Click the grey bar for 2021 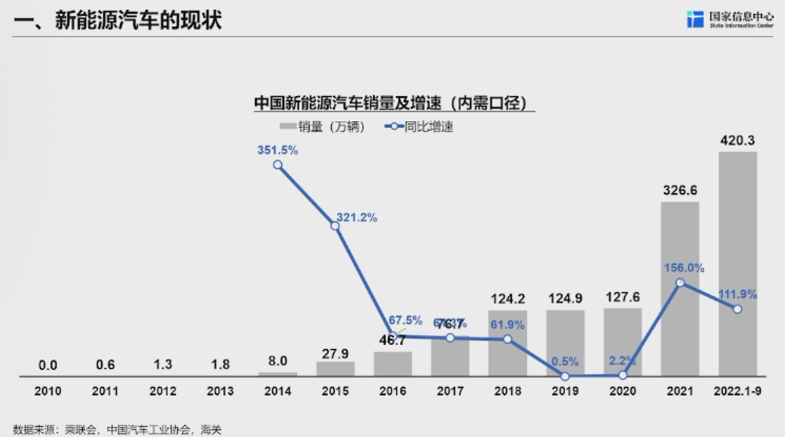pos(680,288)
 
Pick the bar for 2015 pos(335,369)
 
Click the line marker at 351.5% pos(278,164)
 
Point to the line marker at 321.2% pos(335,226)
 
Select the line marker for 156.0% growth pos(680,282)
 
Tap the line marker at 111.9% pos(737,309)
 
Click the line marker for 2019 pos(565,376)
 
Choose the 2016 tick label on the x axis pos(392,391)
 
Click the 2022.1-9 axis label pos(737,391)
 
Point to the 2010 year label pos(48,391)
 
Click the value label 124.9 pos(565,299)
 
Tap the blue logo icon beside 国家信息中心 pos(695,19)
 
